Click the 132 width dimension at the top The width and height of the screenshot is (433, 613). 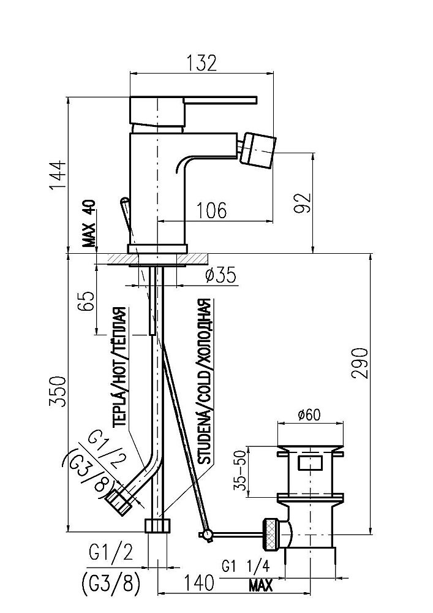[x=201, y=63]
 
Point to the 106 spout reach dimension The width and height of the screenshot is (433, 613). [x=211, y=210]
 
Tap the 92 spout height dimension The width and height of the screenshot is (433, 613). [x=303, y=202]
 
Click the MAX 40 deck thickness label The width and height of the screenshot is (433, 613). [x=89, y=223]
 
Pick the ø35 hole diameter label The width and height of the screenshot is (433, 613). [x=220, y=276]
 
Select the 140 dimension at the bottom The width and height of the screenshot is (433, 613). [x=198, y=583]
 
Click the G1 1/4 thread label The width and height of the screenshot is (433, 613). [x=246, y=566]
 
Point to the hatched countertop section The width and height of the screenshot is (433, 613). [x=157, y=259]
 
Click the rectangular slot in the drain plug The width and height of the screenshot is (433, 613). [x=310, y=463]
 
